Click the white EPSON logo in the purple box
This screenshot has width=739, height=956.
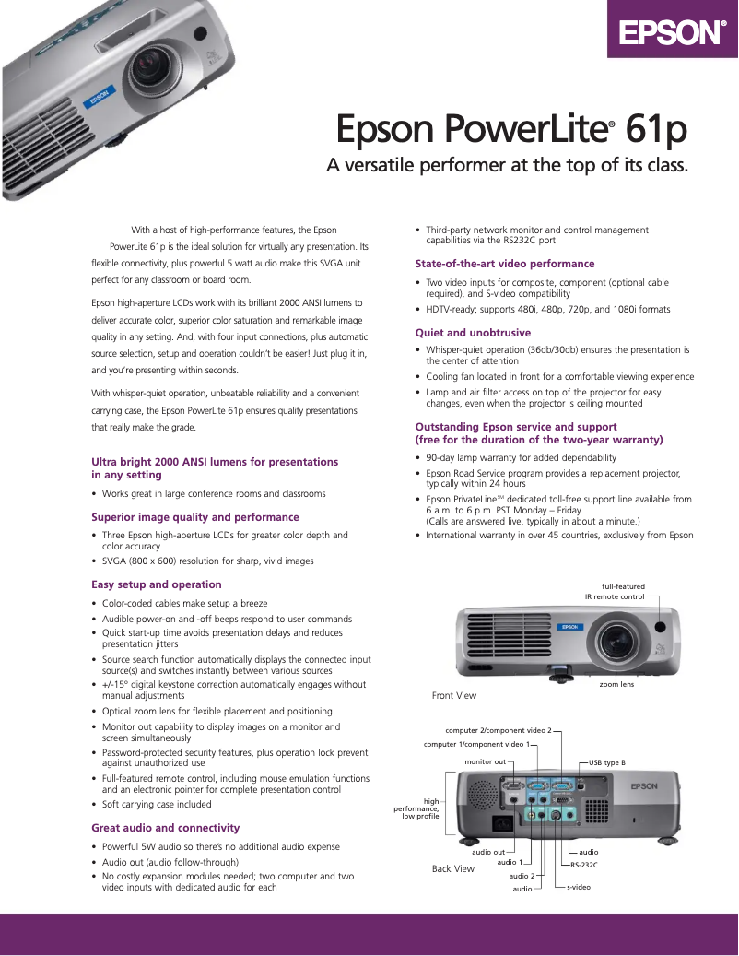point(672,34)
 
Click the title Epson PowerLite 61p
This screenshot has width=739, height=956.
point(511,130)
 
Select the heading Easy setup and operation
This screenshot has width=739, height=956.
point(157,584)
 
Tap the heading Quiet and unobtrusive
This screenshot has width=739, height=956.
point(473,333)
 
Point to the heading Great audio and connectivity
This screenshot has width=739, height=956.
point(165,828)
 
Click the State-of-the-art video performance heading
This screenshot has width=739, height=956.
point(505,264)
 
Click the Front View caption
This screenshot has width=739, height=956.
point(454,695)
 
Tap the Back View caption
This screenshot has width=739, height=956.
point(453,868)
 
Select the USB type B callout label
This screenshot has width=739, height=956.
point(607,762)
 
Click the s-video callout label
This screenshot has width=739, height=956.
point(579,887)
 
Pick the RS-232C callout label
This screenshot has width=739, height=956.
point(583,865)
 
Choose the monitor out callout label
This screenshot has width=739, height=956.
point(486,762)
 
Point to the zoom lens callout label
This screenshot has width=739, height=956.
point(616,684)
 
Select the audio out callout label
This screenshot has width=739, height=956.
point(488,852)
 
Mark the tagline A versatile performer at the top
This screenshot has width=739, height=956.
point(509,166)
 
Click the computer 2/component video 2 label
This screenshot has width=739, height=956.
point(498,730)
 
